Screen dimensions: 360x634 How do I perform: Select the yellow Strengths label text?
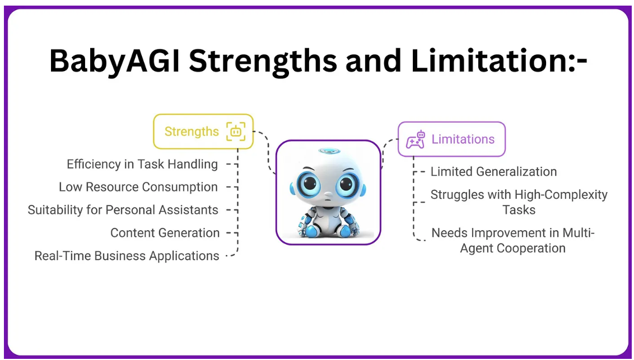pyautogui.click(x=192, y=132)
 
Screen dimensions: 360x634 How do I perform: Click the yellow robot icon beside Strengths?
pyautogui.click(x=236, y=132)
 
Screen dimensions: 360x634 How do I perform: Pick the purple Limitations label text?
pyautogui.click(x=463, y=139)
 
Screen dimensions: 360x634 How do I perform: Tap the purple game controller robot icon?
pyautogui.click(x=416, y=139)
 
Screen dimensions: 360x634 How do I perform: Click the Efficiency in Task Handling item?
pyautogui.click(x=142, y=164)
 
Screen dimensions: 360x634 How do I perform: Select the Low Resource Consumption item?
pyautogui.click(x=138, y=187)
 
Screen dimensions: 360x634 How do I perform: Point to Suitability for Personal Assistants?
pyautogui.click(x=123, y=210)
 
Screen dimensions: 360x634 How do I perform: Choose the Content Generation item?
pyautogui.click(x=165, y=233)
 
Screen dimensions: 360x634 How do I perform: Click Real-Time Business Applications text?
pyautogui.click(x=127, y=256)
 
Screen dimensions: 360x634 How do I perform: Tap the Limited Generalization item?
pyautogui.click(x=493, y=172)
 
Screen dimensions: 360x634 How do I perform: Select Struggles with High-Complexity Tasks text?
pyautogui.click(x=519, y=202)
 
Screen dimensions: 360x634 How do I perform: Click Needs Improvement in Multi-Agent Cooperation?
pyautogui.click(x=512, y=240)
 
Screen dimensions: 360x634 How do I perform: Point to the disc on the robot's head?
pyautogui.click(x=328, y=152)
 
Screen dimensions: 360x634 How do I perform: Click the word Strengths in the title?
pyautogui.click(x=263, y=60)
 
